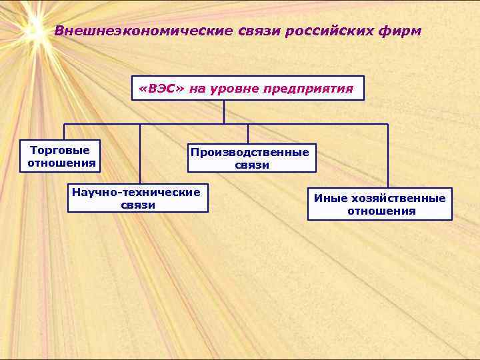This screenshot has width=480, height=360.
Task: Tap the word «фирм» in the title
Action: tap(401, 31)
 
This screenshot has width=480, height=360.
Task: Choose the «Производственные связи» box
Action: tap(251, 158)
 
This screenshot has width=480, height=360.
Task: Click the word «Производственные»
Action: tap(251, 152)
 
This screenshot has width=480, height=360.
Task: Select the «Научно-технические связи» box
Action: tap(137, 198)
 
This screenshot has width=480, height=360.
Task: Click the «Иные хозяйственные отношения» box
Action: tap(380, 205)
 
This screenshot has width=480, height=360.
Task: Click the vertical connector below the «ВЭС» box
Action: tap(224, 112)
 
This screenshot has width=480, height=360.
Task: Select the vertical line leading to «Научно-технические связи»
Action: tap(140, 153)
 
